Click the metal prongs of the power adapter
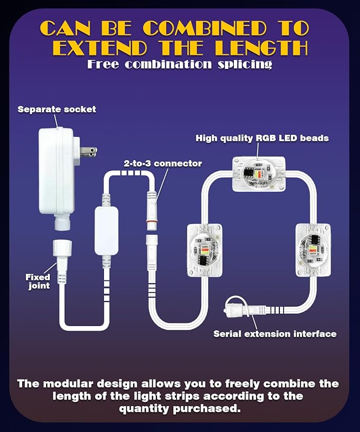pyautogui.click(x=88, y=152)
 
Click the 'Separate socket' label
pyautogui.click(x=57, y=109)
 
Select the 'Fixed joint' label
pyautogui.click(x=38, y=281)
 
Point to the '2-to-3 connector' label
pyautogui.click(x=163, y=163)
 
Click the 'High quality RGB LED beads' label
pyautogui.click(x=262, y=138)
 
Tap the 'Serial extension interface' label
pyautogui.click(x=275, y=334)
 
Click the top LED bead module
pyautogui.click(x=259, y=174)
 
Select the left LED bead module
pyautogui.click(x=205, y=250)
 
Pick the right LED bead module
pyautogui.click(x=313, y=250)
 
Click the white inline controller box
pyautogui.click(x=107, y=231)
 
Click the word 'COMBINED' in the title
pyautogui.click(x=205, y=28)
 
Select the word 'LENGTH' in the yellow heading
pyautogui.click(x=261, y=48)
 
